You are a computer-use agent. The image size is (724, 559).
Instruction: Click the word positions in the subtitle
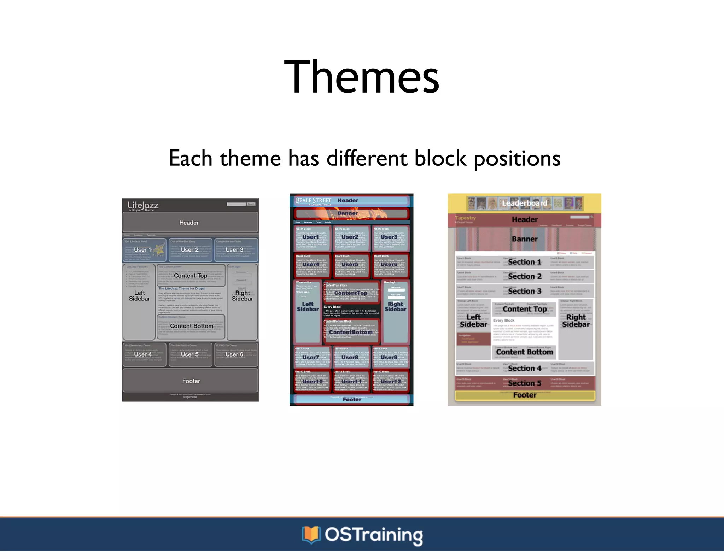(517, 159)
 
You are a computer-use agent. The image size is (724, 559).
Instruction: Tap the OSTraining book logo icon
(311, 535)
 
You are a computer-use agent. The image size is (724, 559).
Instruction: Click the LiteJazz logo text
(143, 205)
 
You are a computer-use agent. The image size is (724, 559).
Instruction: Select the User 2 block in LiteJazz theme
(190, 250)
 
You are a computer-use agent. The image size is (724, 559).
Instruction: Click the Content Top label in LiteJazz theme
(191, 276)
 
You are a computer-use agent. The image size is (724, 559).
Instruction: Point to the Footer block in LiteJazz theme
(191, 381)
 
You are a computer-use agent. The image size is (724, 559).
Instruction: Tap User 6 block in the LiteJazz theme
(234, 354)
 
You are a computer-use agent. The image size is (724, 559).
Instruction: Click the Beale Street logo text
(313, 201)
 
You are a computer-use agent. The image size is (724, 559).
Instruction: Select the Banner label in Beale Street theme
(348, 213)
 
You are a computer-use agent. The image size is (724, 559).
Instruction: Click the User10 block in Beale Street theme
(313, 382)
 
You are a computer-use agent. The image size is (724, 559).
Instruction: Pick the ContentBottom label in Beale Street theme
(351, 332)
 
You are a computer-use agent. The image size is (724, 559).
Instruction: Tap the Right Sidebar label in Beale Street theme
(395, 306)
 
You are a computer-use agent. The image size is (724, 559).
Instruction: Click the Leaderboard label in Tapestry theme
(525, 203)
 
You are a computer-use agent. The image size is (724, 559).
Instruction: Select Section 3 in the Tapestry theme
(525, 291)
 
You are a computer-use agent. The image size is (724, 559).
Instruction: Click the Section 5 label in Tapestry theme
(525, 383)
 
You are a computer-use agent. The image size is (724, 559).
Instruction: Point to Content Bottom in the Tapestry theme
(525, 352)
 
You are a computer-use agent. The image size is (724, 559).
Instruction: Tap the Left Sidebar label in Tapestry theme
(473, 321)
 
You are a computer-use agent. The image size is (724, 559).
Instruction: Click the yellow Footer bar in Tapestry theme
(525, 395)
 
